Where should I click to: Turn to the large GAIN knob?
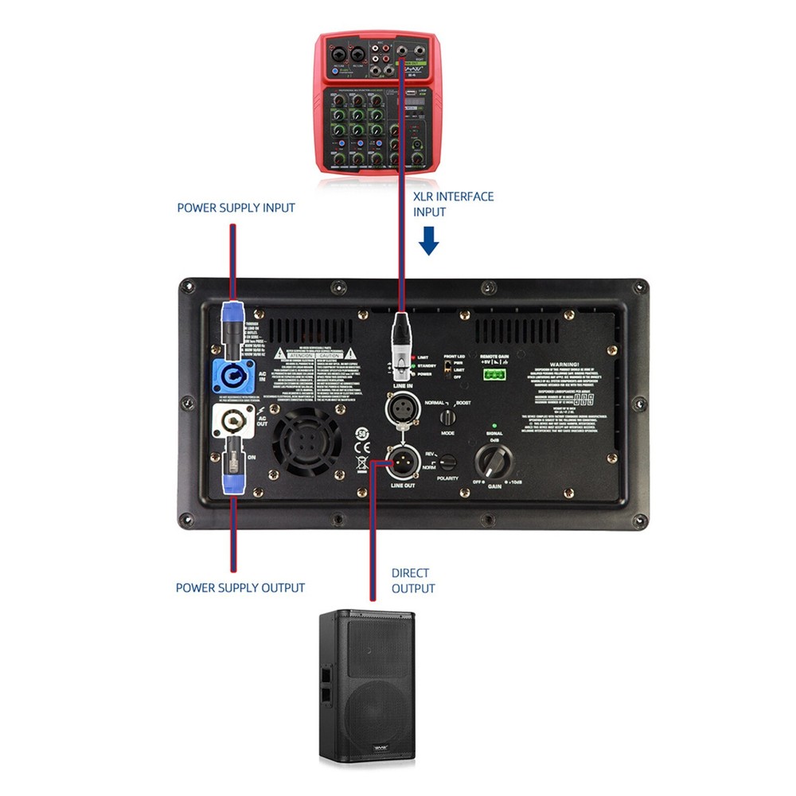click(493, 461)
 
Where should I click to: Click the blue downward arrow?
click(429, 240)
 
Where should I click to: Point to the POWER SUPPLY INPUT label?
click(236, 208)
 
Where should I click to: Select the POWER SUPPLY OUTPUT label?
click(240, 587)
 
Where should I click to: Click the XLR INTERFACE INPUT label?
click(453, 204)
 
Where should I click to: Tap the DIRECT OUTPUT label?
click(413, 580)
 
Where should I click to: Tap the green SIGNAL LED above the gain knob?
click(494, 426)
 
